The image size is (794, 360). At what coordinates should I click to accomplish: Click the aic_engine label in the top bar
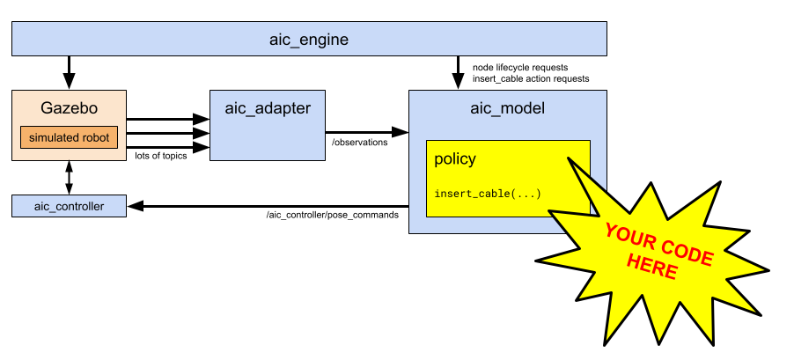click(308, 40)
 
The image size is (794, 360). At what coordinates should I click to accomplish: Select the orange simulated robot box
click(69, 138)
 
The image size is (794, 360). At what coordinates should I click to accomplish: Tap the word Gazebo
click(69, 109)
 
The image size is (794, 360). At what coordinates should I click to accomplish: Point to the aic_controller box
click(69, 206)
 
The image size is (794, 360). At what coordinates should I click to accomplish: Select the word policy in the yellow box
click(455, 159)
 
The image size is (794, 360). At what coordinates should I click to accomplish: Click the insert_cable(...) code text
click(488, 194)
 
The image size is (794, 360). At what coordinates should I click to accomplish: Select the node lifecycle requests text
click(520, 67)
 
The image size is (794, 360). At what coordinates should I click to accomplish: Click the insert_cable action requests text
click(531, 78)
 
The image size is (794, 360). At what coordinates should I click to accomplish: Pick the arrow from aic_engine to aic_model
click(458, 71)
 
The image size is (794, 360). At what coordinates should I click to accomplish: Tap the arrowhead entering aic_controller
click(135, 206)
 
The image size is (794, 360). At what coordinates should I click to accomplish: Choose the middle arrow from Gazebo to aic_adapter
click(167, 133)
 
